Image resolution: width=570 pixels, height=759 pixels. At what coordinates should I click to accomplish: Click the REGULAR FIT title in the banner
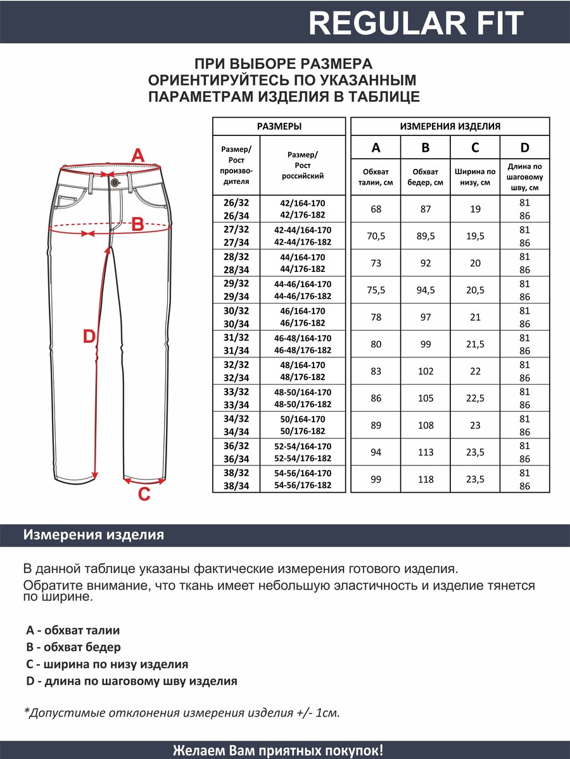point(416,23)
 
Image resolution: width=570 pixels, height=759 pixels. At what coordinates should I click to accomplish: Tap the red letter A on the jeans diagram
point(137,155)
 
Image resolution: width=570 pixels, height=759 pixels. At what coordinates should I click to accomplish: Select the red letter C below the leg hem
point(144,494)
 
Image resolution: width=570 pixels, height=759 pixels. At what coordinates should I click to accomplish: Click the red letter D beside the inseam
point(89,336)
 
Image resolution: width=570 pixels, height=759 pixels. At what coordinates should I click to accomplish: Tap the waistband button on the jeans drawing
point(115,182)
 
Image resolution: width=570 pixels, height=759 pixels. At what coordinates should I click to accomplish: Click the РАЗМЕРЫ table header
point(279,126)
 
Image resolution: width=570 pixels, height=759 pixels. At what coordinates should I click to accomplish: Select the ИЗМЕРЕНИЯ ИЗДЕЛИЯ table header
point(450,126)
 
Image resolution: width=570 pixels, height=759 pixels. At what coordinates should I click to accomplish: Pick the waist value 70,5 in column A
point(376,236)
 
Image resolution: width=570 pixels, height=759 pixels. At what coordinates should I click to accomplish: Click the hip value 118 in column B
point(426,479)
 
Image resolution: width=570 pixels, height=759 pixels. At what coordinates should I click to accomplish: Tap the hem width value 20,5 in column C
point(475,290)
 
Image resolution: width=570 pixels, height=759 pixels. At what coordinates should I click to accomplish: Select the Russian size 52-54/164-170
point(303,446)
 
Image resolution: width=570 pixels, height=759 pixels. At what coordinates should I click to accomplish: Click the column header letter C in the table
point(475,148)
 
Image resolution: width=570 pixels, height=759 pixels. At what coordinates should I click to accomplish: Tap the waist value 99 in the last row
point(376,479)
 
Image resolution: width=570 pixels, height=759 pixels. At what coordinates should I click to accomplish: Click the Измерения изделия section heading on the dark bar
point(94,535)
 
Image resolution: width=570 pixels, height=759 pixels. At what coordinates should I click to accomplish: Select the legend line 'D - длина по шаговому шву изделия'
point(132,681)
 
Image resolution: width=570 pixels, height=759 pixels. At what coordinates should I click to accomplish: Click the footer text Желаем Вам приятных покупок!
point(278,750)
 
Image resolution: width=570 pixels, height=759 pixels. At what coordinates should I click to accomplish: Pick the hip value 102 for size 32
point(426,371)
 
